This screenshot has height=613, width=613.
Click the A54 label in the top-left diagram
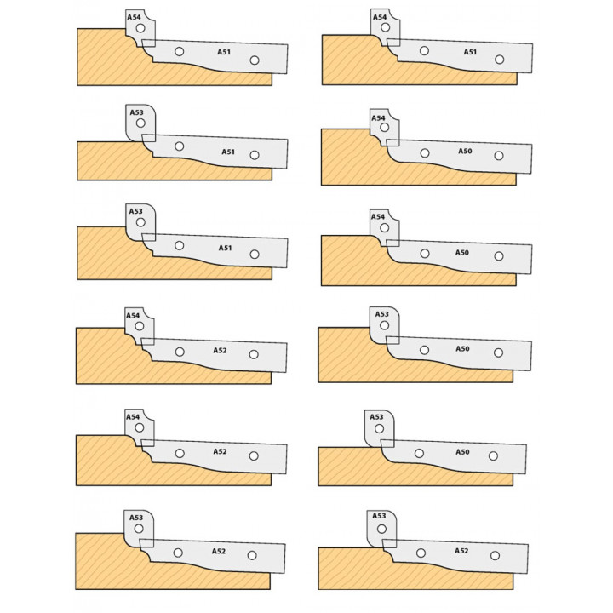pyautogui.click(x=134, y=17)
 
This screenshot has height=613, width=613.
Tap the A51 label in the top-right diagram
pyautogui.click(x=470, y=52)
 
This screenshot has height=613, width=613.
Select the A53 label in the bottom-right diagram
pyautogui.click(x=379, y=516)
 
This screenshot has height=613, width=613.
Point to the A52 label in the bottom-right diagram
pyautogui.click(x=461, y=551)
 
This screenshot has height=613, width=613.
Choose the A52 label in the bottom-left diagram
pyautogui.click(x=219, y=551)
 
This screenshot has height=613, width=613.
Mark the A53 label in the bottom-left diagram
pyautogui.click(x=136, y=518)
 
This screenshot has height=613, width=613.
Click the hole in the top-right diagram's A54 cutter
pyautogui.click(x=386, y=27)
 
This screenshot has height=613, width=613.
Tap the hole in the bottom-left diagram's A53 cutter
pyautogui.click(x=139, y=529)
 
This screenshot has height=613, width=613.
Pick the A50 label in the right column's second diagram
pyautogui.click(x=465, y=152)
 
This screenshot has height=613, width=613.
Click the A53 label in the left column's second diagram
pyautogui.click(x=136, y=112)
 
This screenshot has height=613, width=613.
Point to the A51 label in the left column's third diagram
pyautogui.click(x=225, y=248)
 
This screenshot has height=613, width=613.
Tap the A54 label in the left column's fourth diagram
pyautogui.click(x=133, y=316)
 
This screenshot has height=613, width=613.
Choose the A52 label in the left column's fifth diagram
pyautogui.click(x=220, y=451)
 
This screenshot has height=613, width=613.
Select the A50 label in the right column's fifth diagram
pyautogui.click(x=462, y=452)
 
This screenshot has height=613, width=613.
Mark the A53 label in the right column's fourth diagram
pyautogui.click(x=382, y=314)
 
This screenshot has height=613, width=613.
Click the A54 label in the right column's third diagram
pyautogui.click(x=378, y=217)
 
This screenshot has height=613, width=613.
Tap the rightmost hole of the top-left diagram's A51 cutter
pyautogui.click(x=255, y=60)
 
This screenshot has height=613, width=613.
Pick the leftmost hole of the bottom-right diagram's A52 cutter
pyautogui.click(x=421, y=553)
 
